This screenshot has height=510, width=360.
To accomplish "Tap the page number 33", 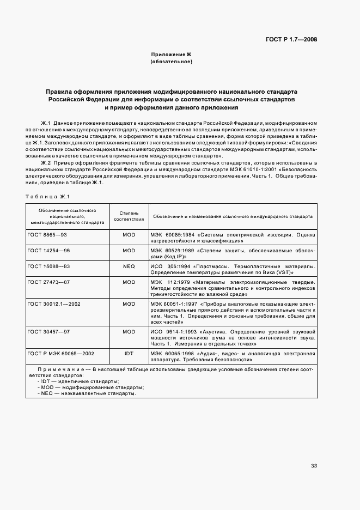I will coord(314,466).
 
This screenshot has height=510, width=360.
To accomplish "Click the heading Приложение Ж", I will coord(172,55).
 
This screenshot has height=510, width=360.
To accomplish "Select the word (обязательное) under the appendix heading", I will coord(172,62).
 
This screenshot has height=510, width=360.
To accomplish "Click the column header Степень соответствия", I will coord(129,216).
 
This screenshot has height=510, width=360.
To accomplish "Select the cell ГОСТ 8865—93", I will coord(47,235).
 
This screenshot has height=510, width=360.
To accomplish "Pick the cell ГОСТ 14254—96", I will coord(48,251).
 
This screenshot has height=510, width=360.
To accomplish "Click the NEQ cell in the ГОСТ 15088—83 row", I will coord(129,266).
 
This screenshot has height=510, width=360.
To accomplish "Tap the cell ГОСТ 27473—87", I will coord(48,282).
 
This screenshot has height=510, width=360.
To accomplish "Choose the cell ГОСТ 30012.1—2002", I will coord(53,303).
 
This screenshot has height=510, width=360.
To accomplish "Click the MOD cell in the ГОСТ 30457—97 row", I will coord(129,331).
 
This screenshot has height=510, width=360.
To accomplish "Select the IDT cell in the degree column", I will coord(129,354).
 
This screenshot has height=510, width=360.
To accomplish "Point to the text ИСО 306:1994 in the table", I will coord(169,266).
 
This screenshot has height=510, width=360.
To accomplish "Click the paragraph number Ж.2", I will coord(46,163).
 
